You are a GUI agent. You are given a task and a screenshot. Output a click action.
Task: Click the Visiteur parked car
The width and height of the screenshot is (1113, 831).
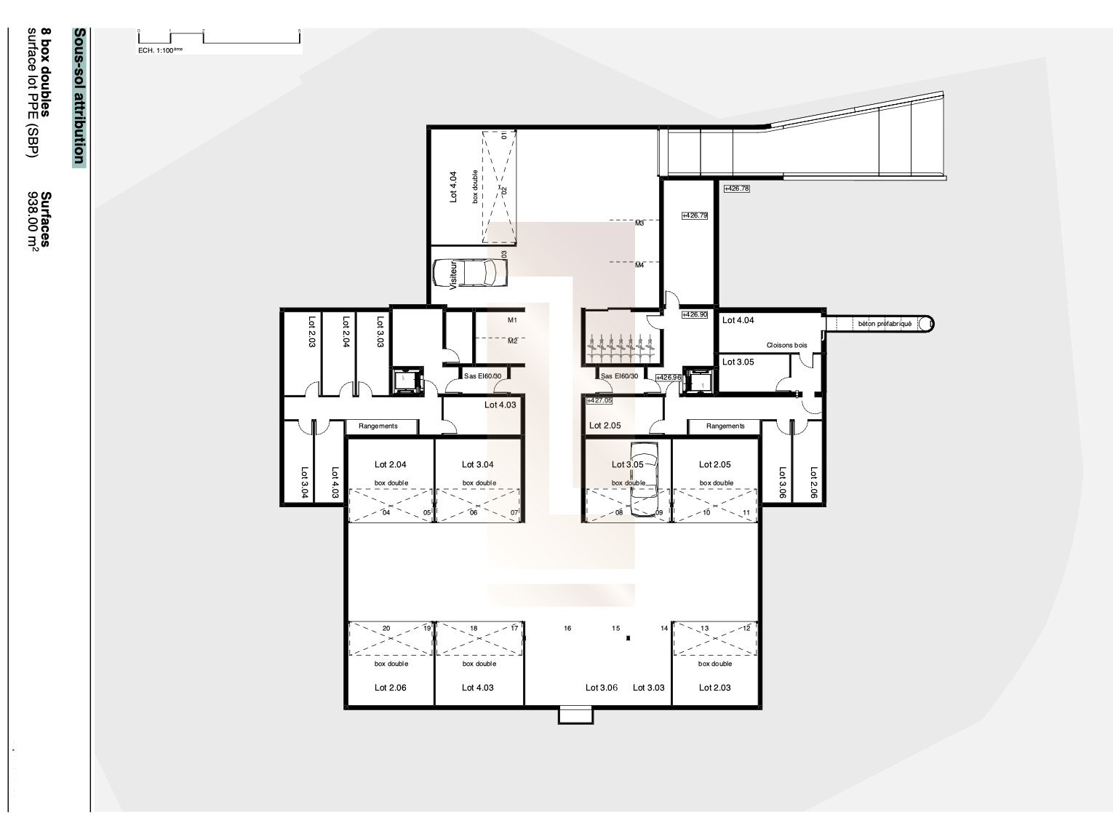(x=469, y=274)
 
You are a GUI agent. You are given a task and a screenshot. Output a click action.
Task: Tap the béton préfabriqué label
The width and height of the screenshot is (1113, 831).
(x=885, y=324)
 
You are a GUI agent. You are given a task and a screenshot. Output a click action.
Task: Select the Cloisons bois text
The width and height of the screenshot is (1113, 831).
(x=786, y=345)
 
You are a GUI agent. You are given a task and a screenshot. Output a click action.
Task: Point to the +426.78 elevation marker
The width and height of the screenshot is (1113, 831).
(x=736, y=188)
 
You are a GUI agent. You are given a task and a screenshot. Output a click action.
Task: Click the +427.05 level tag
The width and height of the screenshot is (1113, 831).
(x=599, y=400)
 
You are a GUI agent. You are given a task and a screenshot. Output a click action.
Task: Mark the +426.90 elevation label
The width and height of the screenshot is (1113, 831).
(x=694, y=314)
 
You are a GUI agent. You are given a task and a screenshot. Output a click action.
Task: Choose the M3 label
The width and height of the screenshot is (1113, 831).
(x=639, y=223)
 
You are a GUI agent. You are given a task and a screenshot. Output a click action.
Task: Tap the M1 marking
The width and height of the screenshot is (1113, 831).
(x=512, y=320)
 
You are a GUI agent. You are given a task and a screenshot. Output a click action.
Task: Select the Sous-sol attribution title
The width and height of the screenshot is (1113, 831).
(x=79, y=96)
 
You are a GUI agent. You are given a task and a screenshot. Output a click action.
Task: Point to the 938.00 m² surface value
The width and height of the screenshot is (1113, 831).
(x=33, y=220)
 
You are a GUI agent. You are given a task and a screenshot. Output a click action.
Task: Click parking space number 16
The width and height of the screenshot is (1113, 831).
(x=567, y=628)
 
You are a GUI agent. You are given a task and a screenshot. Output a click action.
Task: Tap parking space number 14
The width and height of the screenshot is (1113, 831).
(x=664, y=628)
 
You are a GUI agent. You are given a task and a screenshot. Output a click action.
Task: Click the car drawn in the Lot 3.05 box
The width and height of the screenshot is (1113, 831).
(x=644, y=479)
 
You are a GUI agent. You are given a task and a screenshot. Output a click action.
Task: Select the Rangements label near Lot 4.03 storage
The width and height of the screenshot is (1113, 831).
(x=378, y=426)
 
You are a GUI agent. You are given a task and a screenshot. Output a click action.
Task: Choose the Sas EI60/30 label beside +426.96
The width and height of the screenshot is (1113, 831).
(x=619, y=376)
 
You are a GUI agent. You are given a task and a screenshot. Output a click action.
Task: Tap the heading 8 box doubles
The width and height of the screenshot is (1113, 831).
(x=46, y=73)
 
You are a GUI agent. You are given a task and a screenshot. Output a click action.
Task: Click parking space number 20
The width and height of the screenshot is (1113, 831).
(x=386, y=628)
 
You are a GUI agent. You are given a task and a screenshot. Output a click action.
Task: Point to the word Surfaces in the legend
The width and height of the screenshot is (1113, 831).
(x=46, y=219)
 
